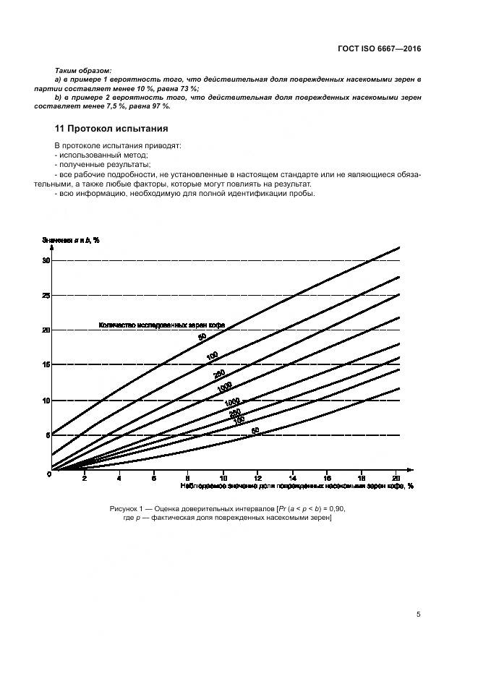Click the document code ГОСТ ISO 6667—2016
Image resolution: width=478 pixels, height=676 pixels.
379,48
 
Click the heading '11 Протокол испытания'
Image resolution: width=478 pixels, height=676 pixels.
111,129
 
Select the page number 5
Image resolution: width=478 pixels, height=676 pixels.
419,615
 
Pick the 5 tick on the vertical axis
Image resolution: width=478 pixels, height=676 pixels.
48,435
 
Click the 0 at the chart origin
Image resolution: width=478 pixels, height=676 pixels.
48,474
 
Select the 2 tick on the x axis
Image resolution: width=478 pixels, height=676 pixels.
85,478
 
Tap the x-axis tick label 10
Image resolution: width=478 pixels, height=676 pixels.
223,478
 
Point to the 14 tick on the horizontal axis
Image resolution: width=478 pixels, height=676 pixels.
292,478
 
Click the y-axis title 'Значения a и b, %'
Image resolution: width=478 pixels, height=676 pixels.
70,239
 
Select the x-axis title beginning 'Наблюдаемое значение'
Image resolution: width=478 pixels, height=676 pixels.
292,487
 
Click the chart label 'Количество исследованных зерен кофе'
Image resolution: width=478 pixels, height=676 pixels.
161,326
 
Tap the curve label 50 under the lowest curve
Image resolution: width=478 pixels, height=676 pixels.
255,432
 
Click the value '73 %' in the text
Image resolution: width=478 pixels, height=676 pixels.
190,88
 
